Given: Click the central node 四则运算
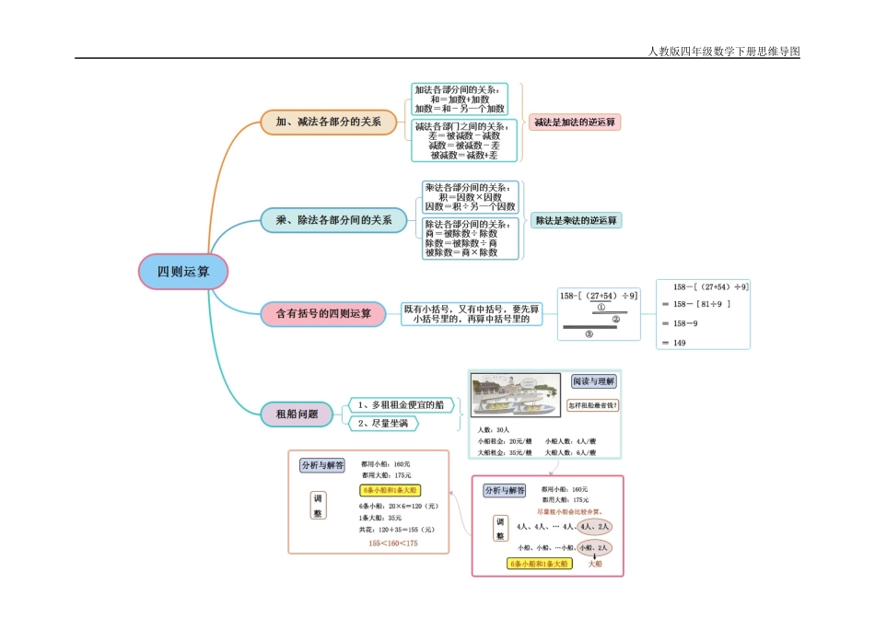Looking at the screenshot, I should coord(181,272).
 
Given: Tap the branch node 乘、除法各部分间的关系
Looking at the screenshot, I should coord(332,220).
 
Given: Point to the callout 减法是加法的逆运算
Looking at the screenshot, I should coord(576,122).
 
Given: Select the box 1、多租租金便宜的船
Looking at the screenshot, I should coord(401,403).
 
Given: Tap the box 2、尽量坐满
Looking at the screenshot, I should coord(383,423).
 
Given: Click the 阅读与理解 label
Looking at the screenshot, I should coord(593,381).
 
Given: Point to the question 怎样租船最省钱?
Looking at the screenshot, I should coord(592,404).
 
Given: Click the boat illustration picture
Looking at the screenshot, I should coord(516,397).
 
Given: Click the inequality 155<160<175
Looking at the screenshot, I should coord(392,543).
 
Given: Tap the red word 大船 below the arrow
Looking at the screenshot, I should coord(595,563).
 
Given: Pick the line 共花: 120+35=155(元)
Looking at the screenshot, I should coord(396,530).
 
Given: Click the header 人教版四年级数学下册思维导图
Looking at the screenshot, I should coord(724,52).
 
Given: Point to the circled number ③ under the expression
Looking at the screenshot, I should coord(589,334).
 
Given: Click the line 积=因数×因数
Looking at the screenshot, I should coord(470,197).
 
